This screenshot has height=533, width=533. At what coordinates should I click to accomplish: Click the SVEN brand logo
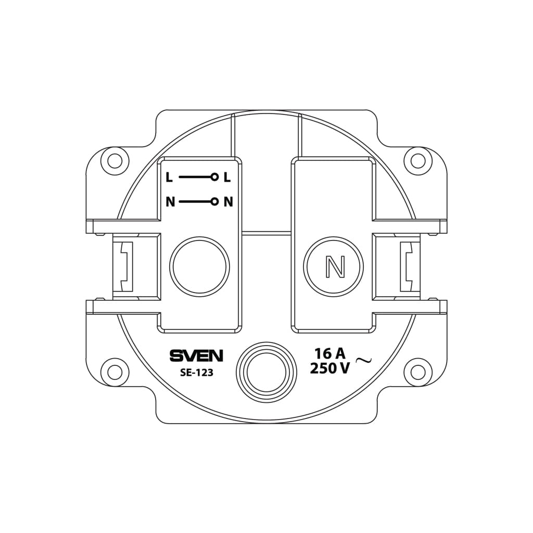point(196,356)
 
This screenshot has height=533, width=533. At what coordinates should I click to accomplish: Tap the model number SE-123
point(196,373)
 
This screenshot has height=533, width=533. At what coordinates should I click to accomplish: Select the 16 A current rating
point(329,354)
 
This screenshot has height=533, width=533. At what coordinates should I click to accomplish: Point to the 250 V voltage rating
point(329,369)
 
